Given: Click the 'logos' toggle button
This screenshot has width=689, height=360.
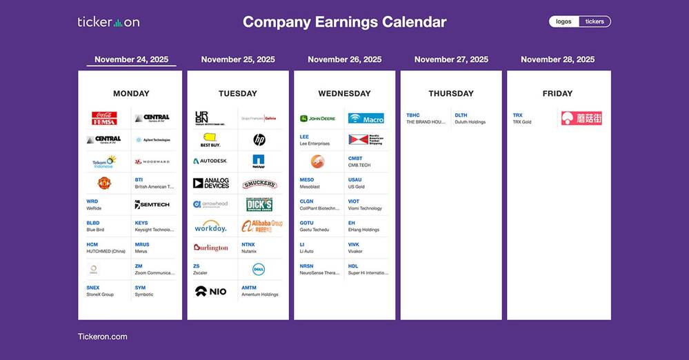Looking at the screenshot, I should pos(563,21).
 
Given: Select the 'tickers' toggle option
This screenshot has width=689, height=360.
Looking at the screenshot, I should pos(595,21).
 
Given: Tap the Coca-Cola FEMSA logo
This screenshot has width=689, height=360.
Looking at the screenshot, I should pos(104,119).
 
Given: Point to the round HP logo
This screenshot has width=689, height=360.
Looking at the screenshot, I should pos(259,140).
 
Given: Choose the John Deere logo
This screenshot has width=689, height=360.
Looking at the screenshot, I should pos(318,119).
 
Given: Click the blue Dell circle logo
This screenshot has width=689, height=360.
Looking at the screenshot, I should pos(259,269).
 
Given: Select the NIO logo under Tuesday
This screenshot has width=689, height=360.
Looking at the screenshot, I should pos(210,291).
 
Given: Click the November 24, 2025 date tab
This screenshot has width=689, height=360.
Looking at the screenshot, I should pos(131,59).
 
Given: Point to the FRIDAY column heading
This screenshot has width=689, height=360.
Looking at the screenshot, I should pos(557,93).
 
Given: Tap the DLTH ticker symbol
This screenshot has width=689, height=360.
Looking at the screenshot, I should pos(461,115).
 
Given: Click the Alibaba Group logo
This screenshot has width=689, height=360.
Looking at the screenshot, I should pos(261,226).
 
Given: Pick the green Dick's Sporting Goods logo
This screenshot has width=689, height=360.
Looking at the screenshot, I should pos(259,205).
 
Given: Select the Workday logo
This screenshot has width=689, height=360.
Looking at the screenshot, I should pos(210,226).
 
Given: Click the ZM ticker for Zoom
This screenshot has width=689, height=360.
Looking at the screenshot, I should pos(139,266).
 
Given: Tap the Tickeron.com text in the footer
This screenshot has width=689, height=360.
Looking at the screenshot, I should pos(102,337).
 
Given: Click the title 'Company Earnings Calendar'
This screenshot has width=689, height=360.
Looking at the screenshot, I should pos(344,22).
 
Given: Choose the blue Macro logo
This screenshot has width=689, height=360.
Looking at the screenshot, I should pos(366,119).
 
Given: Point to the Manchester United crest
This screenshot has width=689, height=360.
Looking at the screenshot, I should pos(104,183).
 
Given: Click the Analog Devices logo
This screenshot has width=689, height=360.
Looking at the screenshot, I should pos(210,183).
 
